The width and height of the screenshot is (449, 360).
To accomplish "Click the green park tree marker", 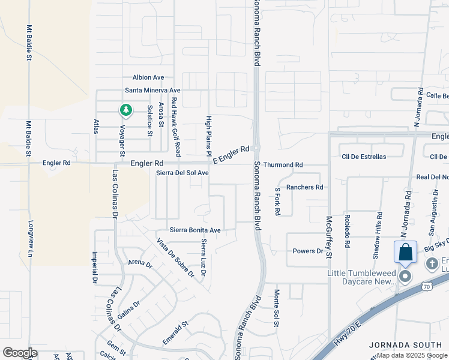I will [x=125, y=110].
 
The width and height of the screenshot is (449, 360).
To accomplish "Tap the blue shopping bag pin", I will [x=405, y=252].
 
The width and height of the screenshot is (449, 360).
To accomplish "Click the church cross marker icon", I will [x=432, y=264].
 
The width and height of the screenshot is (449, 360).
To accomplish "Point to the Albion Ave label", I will [x=148, y=77].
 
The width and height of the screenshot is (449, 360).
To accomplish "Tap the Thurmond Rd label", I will [x=283, y=164].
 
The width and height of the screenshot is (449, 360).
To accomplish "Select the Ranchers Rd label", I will [x=304, y=187].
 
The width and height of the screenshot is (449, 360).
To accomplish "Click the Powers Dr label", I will [x=308, y=251].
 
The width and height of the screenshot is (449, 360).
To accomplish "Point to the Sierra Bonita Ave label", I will [x=195, y=230].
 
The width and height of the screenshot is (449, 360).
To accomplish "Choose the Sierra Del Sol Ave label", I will [x=182, y=173].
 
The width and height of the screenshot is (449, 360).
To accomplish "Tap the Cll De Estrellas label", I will [x=364, y=157].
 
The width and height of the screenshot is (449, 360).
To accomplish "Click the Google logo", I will [x=20, y=353].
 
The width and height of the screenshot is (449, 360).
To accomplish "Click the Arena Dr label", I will [x=140, y=263].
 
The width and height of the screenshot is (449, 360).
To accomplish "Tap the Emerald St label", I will [x=176, y=332].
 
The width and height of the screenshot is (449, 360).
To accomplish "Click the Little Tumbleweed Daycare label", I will [x=362, y=277].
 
